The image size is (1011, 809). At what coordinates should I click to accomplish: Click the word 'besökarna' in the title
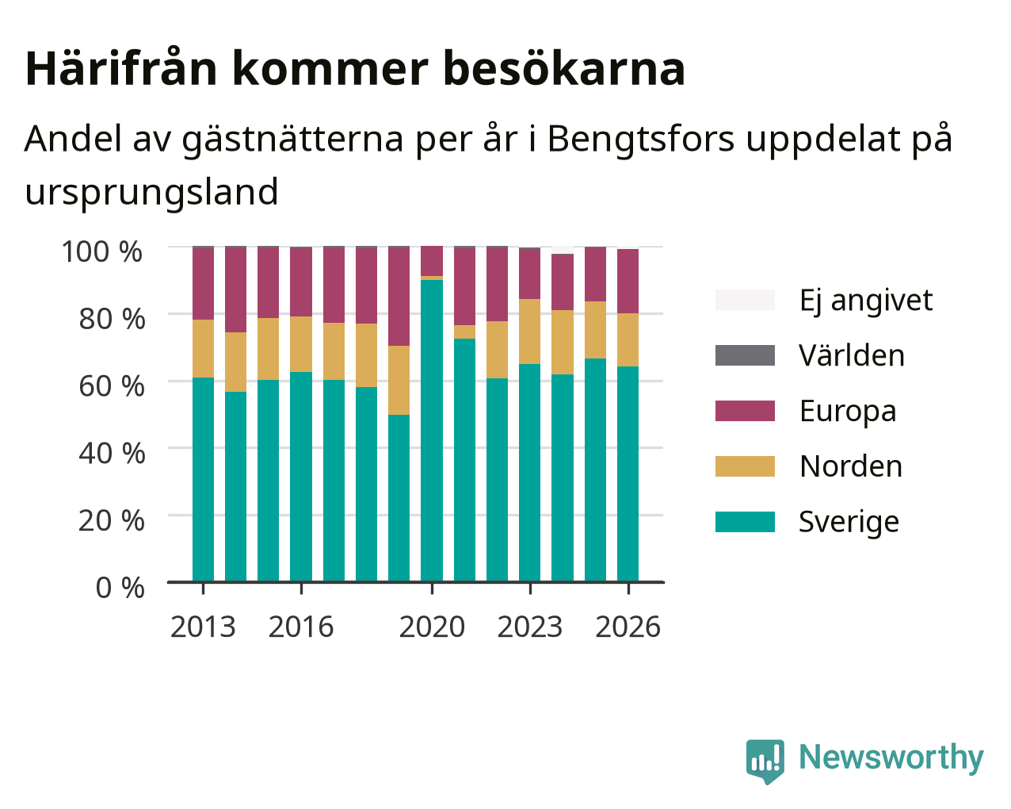coord(564,69)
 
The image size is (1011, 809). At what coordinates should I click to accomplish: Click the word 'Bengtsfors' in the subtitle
coord(640,140)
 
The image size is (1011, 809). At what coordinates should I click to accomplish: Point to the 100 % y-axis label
coord(101,251)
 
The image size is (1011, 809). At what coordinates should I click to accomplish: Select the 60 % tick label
coord(112,386)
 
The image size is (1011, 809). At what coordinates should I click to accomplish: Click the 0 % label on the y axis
coord(120,588)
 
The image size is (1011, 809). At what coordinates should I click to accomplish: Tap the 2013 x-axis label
coord(203,627)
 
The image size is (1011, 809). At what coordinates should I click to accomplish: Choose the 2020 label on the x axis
coord(432,627)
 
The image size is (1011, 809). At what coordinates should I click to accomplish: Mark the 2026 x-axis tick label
coord(628,627)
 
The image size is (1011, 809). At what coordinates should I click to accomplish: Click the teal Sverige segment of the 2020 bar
coord(432,431)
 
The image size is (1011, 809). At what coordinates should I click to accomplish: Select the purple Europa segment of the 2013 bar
coord(203,284)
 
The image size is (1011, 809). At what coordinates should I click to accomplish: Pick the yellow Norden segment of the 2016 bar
coord(301,344)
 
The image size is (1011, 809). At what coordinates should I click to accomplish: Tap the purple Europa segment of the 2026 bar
coord(628,282)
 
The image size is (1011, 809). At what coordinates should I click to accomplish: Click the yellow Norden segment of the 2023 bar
coord(529,332)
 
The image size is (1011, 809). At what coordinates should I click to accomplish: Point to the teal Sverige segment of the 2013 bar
coord(203,480)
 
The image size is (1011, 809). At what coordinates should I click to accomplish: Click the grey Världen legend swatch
coord(745,355)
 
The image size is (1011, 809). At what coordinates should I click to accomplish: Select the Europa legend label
coord(848,411)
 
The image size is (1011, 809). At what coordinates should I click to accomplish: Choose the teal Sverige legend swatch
coord(745,522)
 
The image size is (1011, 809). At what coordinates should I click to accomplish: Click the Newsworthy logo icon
coord(765,761)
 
